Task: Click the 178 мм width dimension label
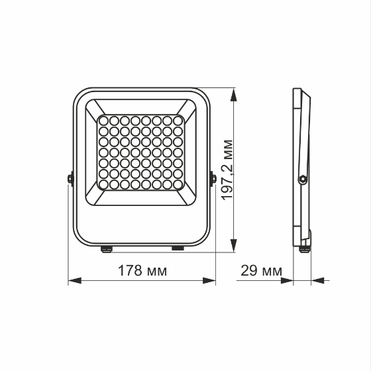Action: [142, 271]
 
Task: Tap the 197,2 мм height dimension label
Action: [227, 170]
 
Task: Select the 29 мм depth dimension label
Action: [261, 271]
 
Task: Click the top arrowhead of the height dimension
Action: [233, 95]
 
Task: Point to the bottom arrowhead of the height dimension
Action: [233, 245]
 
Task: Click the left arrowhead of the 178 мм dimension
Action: [75, 281]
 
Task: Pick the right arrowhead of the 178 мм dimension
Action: [209, 281]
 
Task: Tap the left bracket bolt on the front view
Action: [70, 178]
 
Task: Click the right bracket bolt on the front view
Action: [213, 178]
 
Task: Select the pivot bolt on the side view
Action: [303, 179]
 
